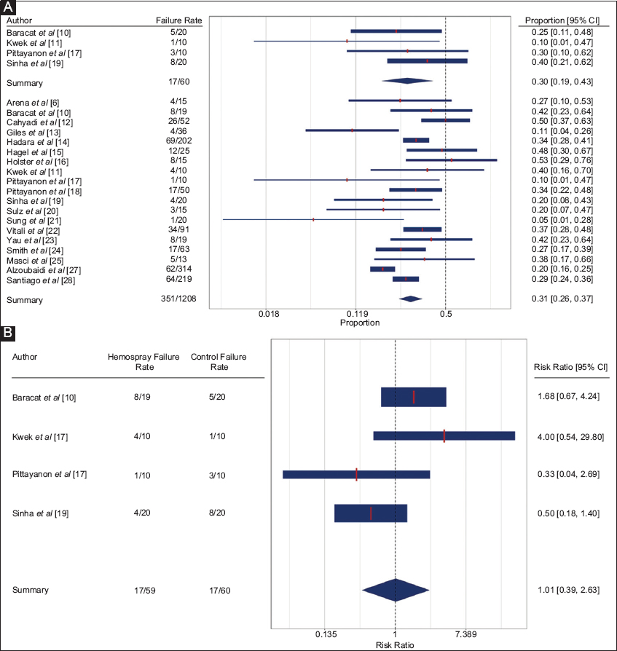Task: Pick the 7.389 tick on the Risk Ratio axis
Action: [x=465, y=634]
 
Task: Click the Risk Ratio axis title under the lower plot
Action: [x=394, y=645]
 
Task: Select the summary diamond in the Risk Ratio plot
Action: [x=395, y=590]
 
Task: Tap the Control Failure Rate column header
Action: [x=219, y=362]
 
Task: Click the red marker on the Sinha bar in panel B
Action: [x=371, y=513]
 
